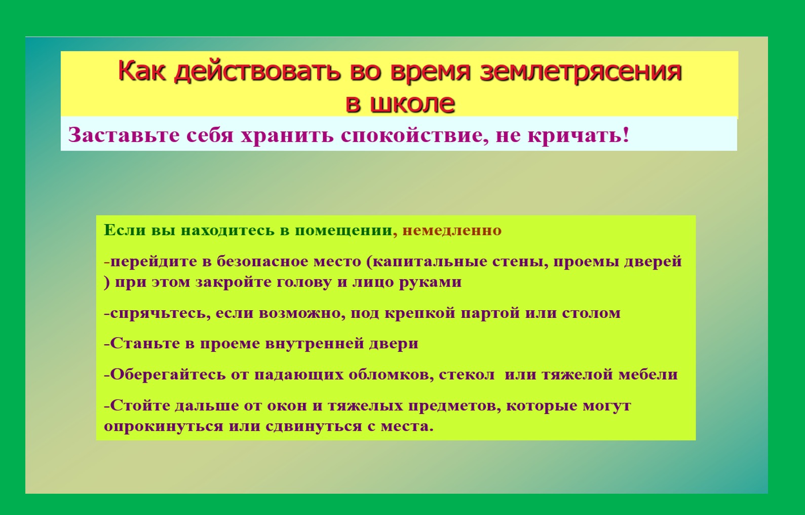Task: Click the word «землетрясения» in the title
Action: click(x=581, y=71)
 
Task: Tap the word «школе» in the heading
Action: click(x=412, y=104)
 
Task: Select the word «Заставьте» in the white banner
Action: click(x=124, y=135)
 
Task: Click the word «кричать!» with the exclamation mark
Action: click(x=579, y=135)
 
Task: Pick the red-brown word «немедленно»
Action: click(x=452, y=231)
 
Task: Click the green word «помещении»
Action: click(x=343, y=231)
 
